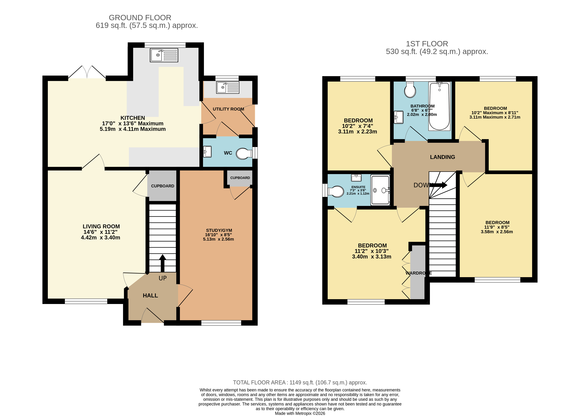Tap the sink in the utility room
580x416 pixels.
[x=227, y=87]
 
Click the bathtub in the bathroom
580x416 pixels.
[x=439, y=106]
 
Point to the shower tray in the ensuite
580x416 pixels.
[x=380, y=190]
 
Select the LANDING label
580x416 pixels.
[x=442, y=157]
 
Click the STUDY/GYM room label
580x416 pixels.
[x=219, y=230]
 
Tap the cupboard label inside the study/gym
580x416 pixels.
[x=240, y=178]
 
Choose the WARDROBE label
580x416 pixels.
[x=418, y=273]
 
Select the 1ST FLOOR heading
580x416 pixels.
[x=427, y=44]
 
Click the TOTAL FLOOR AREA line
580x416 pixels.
[x=300, y=382]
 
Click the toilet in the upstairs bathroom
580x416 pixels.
[x=410, y=90]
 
